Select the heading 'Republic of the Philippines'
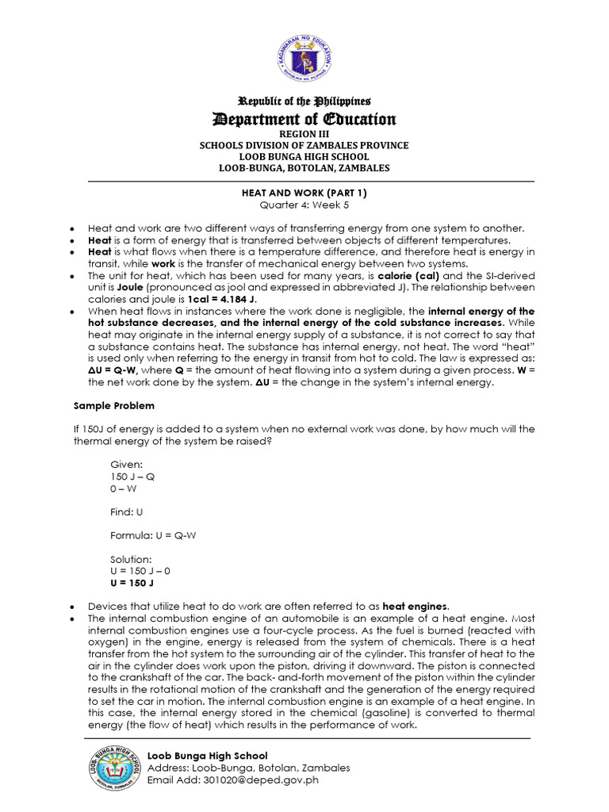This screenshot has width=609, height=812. pos(305,101)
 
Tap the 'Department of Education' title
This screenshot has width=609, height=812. pos(305,119)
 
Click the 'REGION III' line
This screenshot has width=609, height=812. pos(305,135)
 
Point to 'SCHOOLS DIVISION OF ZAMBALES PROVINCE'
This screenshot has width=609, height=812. pos(305,146)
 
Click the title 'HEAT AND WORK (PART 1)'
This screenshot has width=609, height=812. pos(305,193)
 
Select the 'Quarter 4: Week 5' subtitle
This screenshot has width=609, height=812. pos(305,205)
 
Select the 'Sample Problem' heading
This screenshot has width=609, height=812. pos(106,405)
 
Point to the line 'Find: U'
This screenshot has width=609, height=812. pos(127,511)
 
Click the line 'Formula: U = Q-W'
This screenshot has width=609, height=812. pos(153,535)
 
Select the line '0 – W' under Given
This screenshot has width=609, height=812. pos(122,488)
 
